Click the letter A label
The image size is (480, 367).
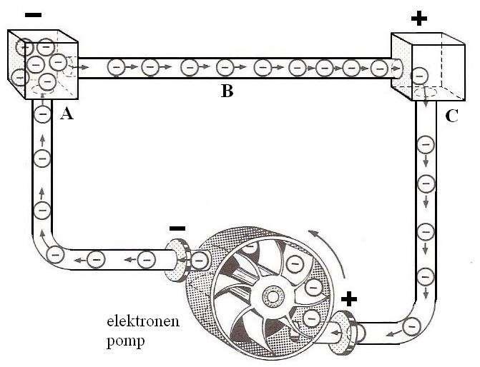(69, 114)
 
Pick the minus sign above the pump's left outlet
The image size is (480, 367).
(177, 228)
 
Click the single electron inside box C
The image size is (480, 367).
(420, 74)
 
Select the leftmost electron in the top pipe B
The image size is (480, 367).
(117, 67)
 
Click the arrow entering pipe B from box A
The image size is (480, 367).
(84, 66)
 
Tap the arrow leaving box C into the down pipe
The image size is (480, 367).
(427, 106)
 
